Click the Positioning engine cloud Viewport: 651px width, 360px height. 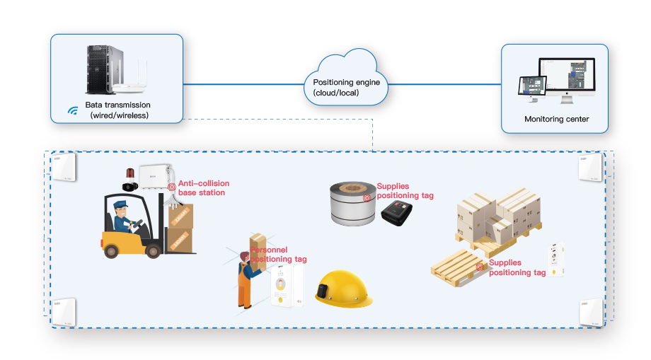click(347, 83)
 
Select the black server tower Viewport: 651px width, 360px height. click(98, 69)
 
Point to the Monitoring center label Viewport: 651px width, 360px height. click(556, 119)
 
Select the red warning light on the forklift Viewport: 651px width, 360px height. click(129, 174)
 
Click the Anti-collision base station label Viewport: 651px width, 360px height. click(203, 188)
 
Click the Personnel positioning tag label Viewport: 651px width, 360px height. click(279, 255)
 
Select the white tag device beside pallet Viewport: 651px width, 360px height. click(555, 260)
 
